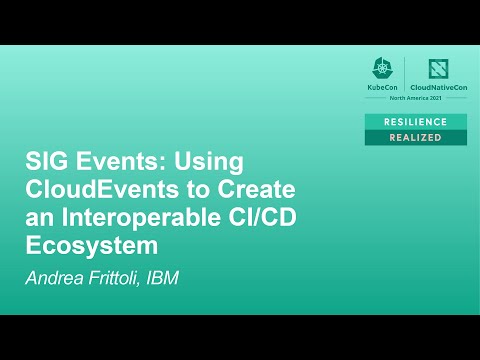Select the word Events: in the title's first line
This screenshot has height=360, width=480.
point(111,163)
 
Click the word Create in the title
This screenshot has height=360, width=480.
point(246,190)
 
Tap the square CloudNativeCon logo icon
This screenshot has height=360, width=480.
point(438,69)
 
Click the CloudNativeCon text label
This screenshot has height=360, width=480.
point(438,87)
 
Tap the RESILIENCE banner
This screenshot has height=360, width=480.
point(414,121)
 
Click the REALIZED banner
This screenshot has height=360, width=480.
point(414,137)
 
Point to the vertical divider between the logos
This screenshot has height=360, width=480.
point(408,74)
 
